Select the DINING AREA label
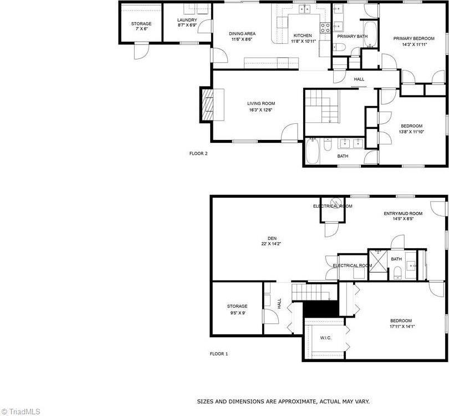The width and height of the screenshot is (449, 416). (242, 34)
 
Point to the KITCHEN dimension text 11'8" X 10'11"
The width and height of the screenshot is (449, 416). (303, 41)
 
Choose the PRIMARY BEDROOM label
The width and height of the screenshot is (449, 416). (414, 38)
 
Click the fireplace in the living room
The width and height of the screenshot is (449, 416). (209, 104)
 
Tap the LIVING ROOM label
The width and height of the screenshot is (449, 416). (261, 104)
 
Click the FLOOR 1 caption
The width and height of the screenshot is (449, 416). (218, 354)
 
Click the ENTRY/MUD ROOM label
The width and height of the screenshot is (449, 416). (403, 213)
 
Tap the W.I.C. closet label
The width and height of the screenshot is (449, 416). (325, 338)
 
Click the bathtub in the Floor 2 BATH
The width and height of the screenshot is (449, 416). (312, 151)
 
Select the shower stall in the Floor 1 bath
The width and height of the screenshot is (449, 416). (379, 259)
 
